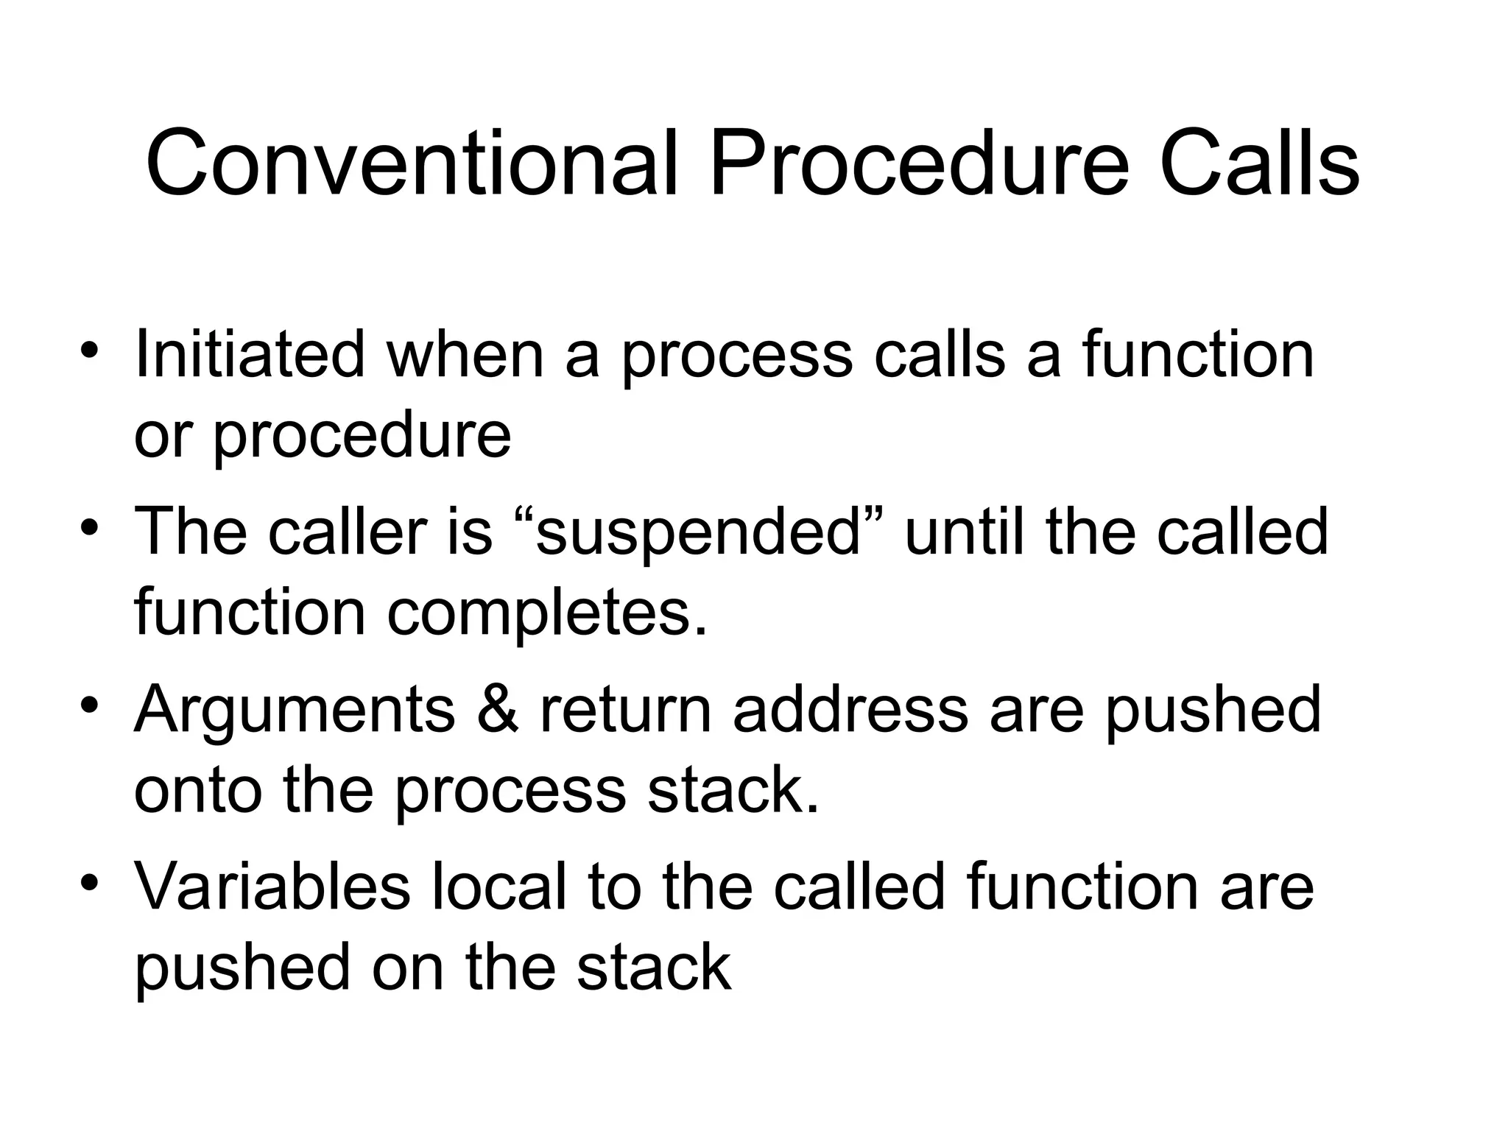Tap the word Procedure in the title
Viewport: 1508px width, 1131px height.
tap(917, 163)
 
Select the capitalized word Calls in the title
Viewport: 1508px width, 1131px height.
tap(1258, 163)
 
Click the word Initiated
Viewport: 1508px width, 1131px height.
tap(250, 355)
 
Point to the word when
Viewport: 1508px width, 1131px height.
tap(466, 355)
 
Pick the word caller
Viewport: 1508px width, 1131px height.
tap(347, 532)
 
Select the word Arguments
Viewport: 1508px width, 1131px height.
tap(295, 711)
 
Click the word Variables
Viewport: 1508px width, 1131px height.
tap(272, 887)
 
